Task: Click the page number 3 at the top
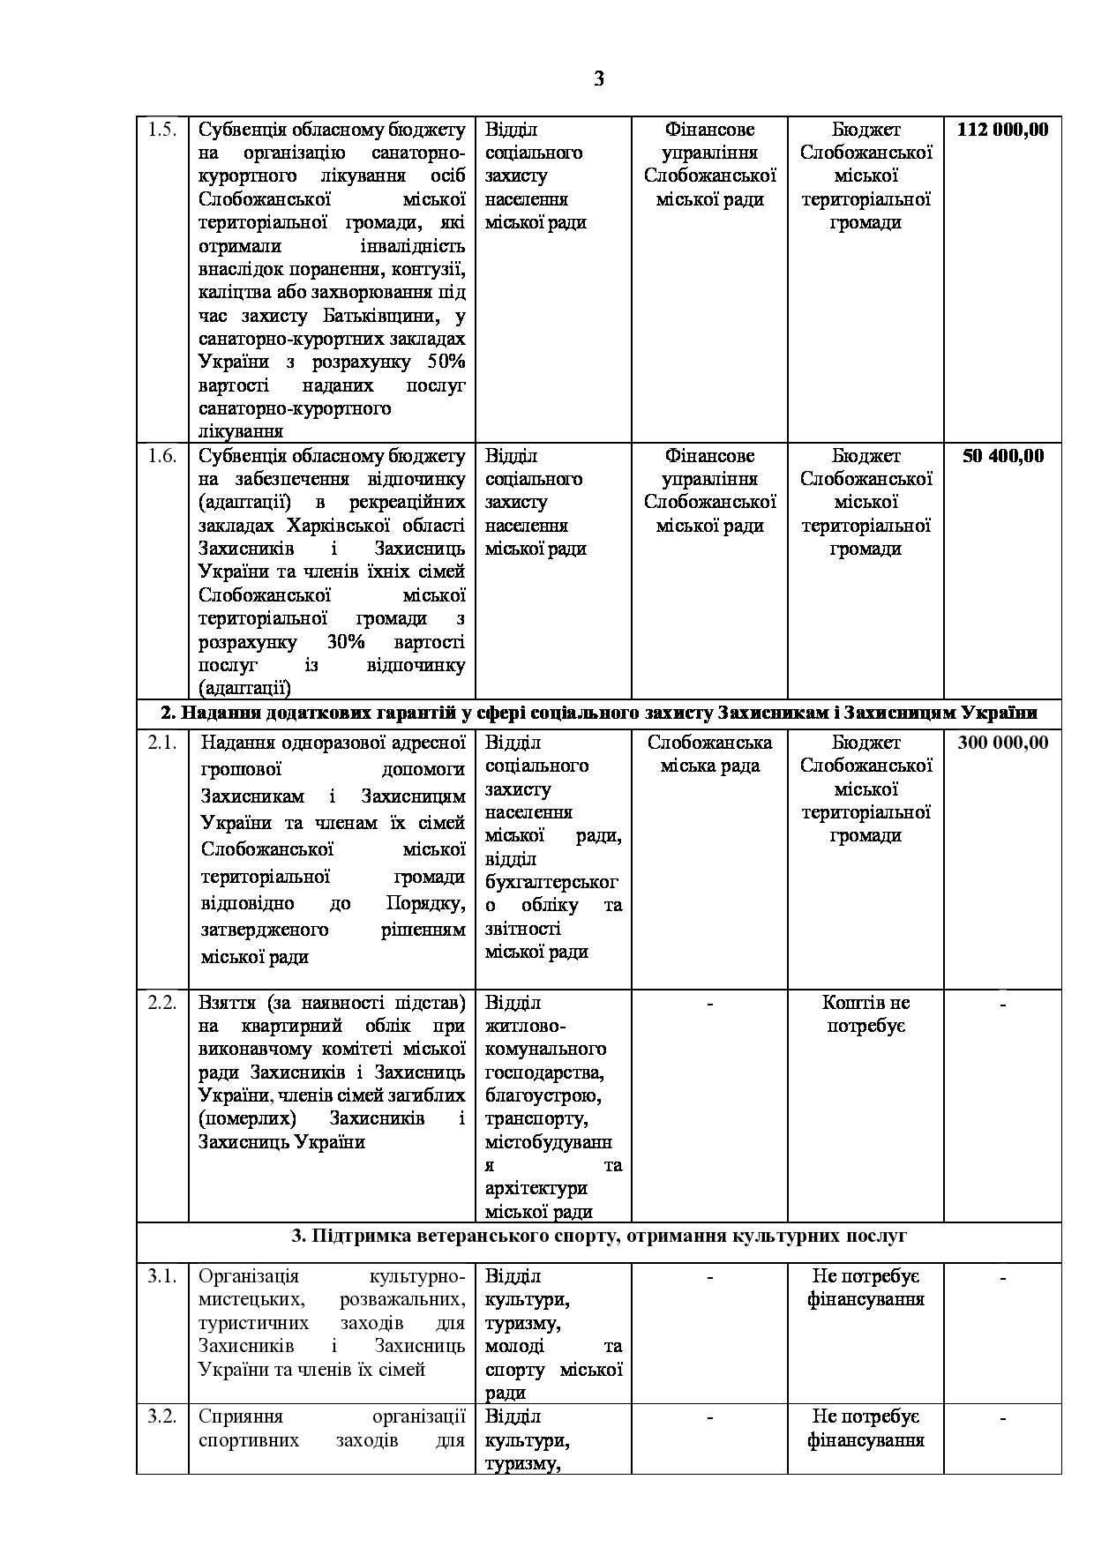(x=599, y=79)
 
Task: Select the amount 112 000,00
(x=1002, y=130)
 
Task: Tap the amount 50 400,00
(x=1002, y=456)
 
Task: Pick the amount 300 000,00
(x=1002, y=743)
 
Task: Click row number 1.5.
(x=162, y=130)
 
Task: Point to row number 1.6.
(x=162, y=456)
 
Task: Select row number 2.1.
(x=162, y=743)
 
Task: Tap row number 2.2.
(x=162, y=1003)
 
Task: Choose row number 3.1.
(x=162, y=1276)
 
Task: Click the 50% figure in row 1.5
(x=446, y=362)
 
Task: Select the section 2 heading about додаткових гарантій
(x=599, y=713)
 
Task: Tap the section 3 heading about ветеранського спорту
(x=599, y=1236)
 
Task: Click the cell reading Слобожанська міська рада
(x=709, y=754)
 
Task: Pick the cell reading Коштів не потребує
(x=865, y=1014)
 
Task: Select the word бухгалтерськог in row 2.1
(x=551, y=882)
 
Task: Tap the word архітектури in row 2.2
(x=536, y=1188)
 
